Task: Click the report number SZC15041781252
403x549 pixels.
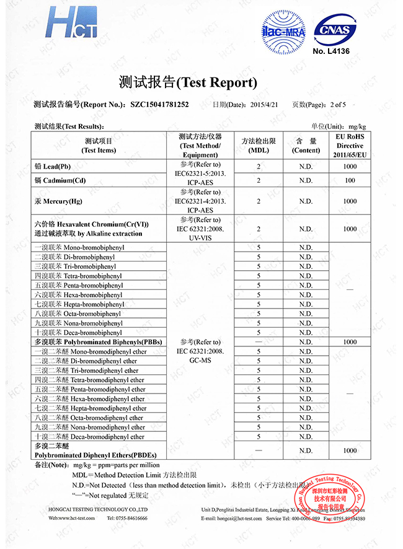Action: point(159,105)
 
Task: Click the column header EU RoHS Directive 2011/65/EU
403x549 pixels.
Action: point(350,145)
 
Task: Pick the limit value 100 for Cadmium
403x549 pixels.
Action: point(350,180)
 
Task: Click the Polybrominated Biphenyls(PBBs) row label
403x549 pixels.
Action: point(99,342)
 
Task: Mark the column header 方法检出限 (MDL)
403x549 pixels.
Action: point(258,145)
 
